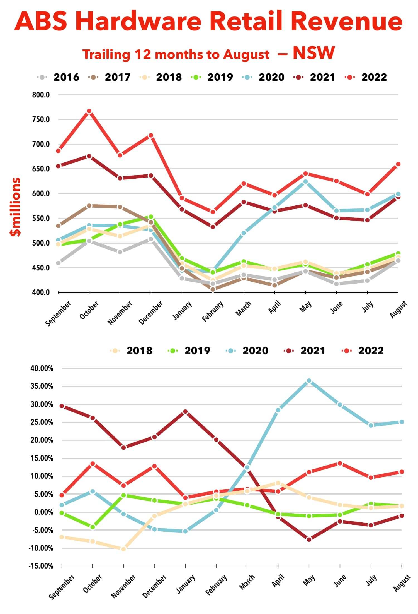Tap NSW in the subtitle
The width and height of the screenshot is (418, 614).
tap(313, 53)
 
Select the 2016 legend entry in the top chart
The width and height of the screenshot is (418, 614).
tap(66, 77)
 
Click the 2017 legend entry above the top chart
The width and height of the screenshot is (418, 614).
tap(117, 77)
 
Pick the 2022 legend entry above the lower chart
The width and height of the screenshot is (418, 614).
tap(371, 351)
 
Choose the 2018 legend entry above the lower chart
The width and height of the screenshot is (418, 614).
tap(139, 351)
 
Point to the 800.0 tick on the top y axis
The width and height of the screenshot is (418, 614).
tap(41, 95)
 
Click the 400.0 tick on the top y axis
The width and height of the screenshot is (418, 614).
tap(41, 292)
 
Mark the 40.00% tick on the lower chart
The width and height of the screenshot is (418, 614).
tap(42, 368)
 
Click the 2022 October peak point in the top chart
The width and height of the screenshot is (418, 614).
tap(89, 111)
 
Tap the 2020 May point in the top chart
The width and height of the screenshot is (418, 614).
tap(305, 182)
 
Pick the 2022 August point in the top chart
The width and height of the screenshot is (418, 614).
tap(398, 164)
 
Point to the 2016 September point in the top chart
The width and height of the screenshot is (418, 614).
tap(58, 263)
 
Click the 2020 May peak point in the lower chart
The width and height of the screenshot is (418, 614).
tap(309, 381)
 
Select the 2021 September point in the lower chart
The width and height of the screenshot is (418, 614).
tap(62, 406)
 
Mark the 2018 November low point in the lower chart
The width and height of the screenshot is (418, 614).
tap(123, 549)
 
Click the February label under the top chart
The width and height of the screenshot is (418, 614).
tap(213, 311)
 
